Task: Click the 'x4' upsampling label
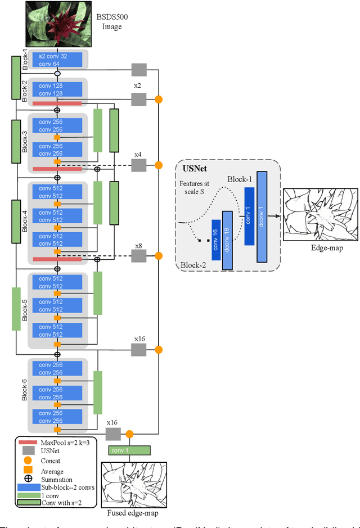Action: pyautogui.click(x=138, y=154)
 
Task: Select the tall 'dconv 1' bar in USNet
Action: pyautogui.click(x=262, y=216)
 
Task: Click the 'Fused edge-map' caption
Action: pyautogui.click(x=133, y=513)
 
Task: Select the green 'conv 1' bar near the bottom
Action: pyautogui.click(x=129, y=450)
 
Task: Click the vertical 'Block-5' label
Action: pyautogui.click(x=24, y=309)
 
